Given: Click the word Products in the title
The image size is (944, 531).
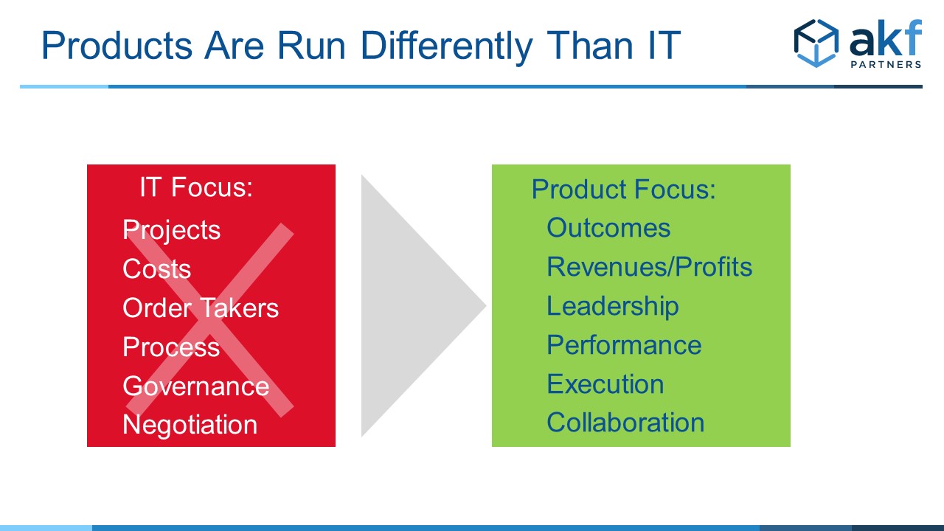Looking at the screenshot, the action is [117, 45].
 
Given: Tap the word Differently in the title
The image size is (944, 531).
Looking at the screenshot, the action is [447, 46].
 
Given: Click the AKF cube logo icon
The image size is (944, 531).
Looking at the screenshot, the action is [816, 43].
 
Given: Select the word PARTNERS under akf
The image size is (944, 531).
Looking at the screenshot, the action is [886, 64].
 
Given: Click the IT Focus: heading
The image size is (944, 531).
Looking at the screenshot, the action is [196, 187].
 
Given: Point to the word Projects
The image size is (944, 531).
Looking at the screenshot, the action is [172, 231].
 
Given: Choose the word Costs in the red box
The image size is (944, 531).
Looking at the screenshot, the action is [157, 268].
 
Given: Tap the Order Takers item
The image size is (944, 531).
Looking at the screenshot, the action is [201, 308].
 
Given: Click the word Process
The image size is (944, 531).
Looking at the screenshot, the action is [171, 347].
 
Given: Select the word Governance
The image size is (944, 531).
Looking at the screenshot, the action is [196, 386].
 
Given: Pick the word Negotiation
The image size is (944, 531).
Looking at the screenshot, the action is [190, 425].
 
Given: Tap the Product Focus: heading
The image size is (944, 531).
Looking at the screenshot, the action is [624, 190].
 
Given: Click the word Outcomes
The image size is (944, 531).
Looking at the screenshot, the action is [608, 228].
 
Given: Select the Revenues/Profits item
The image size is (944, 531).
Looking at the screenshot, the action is [650, 267].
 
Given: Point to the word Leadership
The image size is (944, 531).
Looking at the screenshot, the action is [613, 306].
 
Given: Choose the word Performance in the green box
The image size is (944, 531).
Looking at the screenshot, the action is [624, 345].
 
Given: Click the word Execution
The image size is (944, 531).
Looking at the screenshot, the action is [605, 384].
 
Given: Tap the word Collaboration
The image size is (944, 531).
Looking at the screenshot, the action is [625, 423].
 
